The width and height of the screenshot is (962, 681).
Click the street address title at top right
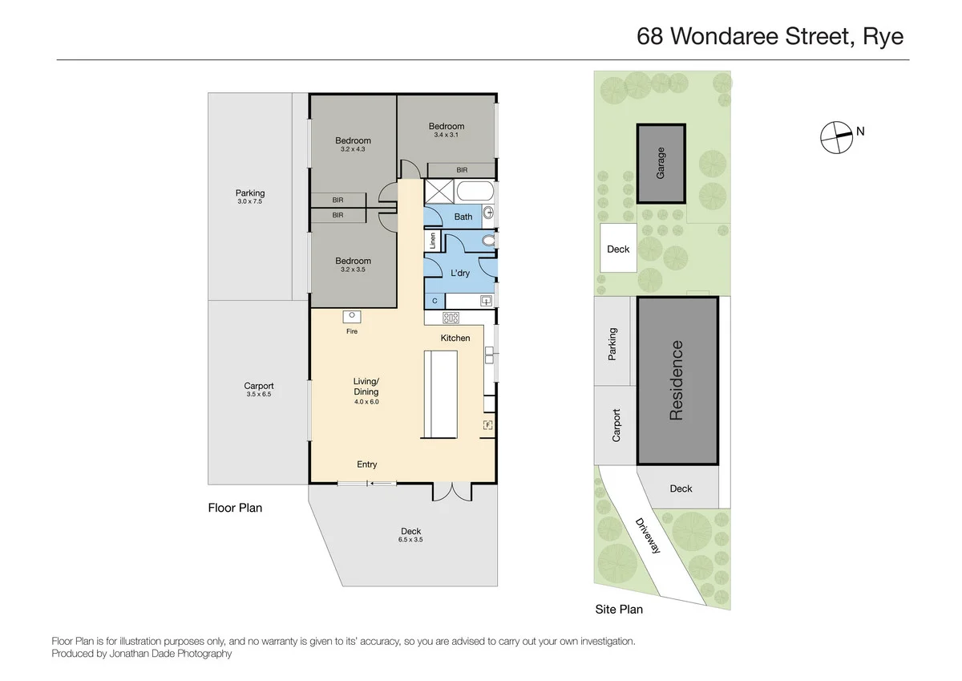(770, 36)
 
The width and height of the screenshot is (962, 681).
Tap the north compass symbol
(835, 136)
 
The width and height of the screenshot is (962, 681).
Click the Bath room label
(463, 217)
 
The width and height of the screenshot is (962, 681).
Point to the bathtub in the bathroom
(474, 193)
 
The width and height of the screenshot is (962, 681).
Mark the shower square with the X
(439, 193)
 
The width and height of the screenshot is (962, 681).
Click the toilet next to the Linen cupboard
(487, 241)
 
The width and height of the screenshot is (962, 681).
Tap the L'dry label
(460, 273)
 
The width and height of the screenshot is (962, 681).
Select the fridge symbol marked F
(487, 424)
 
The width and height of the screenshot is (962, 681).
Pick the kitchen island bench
(439, 395)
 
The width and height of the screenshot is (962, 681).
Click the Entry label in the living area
(366, 464)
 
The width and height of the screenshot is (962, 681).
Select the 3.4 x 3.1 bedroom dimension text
(446, 135)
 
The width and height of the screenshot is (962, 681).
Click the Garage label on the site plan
(661, 163)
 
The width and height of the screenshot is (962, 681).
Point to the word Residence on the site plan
(677, 380)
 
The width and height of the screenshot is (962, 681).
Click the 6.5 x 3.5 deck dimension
(410, 541)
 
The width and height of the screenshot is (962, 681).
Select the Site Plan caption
(619, 610)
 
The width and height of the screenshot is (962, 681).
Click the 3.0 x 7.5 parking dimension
(249, 202)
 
